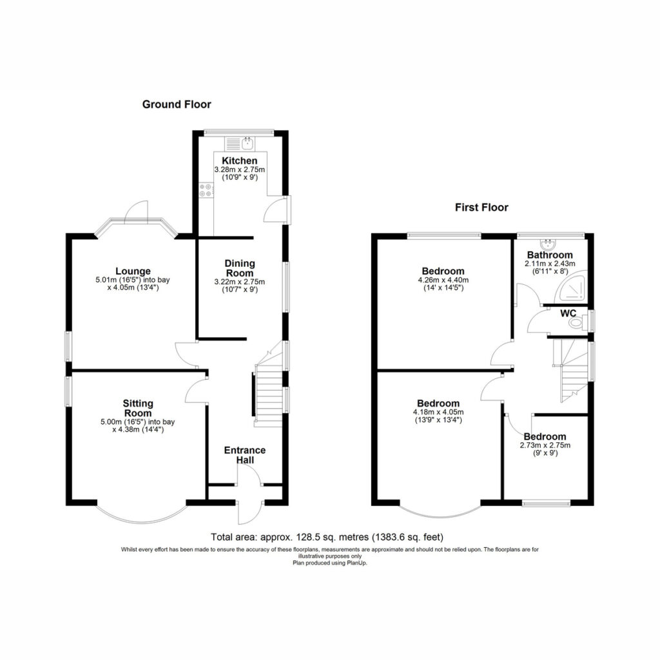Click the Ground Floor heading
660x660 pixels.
point(177,104)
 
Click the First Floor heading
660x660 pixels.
point(481,207)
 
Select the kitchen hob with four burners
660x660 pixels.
point(206,190)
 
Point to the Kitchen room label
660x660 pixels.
point(240,160)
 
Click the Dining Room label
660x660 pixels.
point(240,268)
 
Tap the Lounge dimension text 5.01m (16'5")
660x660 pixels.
point(117,280)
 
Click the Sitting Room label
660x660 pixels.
point(138,408)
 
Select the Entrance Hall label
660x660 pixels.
point(244,455)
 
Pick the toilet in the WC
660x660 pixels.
point(578,324)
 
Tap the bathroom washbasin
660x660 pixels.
point(549,243)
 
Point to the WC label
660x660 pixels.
point(568,314)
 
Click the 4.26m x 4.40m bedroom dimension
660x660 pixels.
point(443,280)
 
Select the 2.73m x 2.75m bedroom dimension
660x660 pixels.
point(545,445)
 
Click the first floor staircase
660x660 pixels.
point(572,371)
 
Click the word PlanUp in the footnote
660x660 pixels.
point(357,563)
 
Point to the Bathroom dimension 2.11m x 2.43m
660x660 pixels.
point(550,264)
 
